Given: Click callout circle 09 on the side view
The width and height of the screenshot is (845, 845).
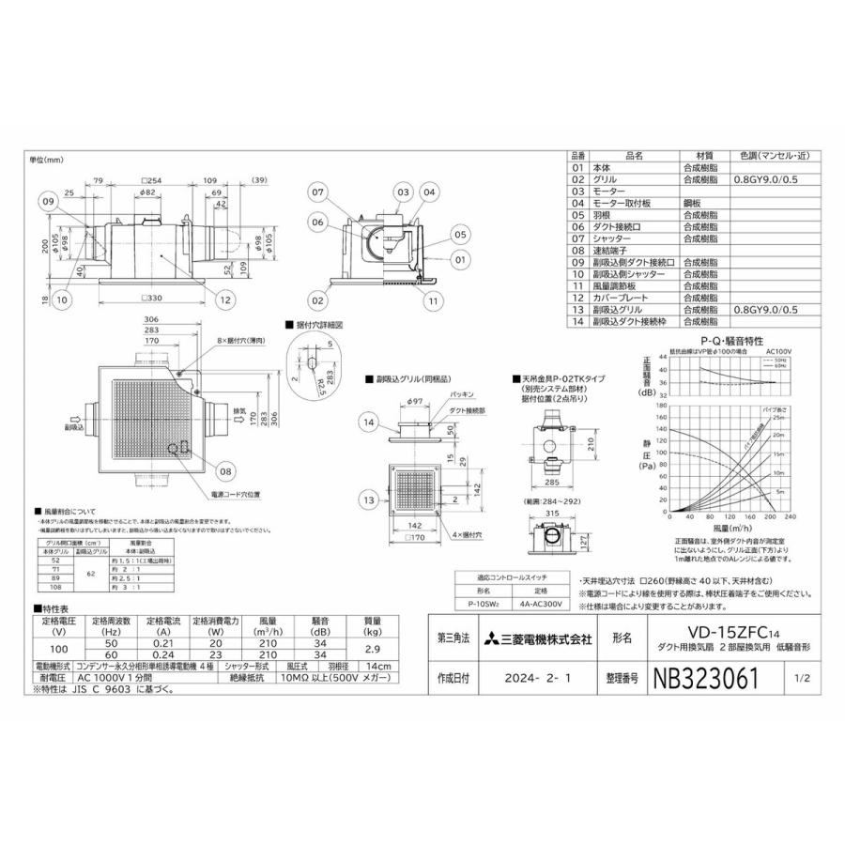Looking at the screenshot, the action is (49, 200).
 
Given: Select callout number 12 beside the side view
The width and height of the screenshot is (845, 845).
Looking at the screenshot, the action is (225, 300).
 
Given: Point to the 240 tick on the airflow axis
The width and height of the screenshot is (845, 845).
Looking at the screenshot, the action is (788, 516).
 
